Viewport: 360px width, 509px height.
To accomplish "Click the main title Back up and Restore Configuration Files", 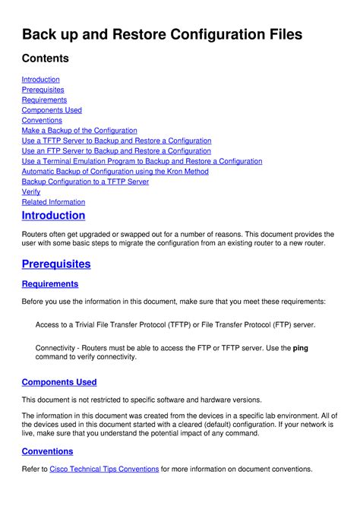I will click(x=162, y=34).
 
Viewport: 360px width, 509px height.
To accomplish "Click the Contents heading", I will click(x=45, y=58).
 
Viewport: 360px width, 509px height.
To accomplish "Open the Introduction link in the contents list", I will click(x=40, y=79).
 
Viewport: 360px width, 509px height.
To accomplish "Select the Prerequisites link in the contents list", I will click(x=43, y=90).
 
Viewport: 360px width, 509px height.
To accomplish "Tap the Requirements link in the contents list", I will click(x=44, y=100).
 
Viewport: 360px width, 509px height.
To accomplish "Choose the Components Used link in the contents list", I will click(x=52, y=110).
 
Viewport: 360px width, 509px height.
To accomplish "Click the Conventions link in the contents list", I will click(x=42, y=120).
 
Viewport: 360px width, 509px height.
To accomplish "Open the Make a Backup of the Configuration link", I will click(x=79, y=131).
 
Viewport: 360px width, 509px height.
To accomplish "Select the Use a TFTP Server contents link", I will click(x=116, y=141).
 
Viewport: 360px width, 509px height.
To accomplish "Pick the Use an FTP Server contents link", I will click(x=116, y=151).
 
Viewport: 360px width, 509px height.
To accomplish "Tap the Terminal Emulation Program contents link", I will click(x=142, y=161).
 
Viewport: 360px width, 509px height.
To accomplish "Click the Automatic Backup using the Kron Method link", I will click(x=115, y=172).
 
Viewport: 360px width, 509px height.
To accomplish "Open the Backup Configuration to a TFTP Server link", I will click(x=85, y=182).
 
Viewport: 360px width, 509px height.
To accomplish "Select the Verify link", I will click(x=31, y=192).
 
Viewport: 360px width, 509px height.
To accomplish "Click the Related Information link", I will click(x=53, y=202).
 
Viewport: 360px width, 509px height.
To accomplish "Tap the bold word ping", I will click(x=301, y=348).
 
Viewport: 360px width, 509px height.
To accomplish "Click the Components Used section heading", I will click(x=59, y=382).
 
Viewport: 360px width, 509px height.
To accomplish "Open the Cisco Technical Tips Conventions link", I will click(x=104, y=469).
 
